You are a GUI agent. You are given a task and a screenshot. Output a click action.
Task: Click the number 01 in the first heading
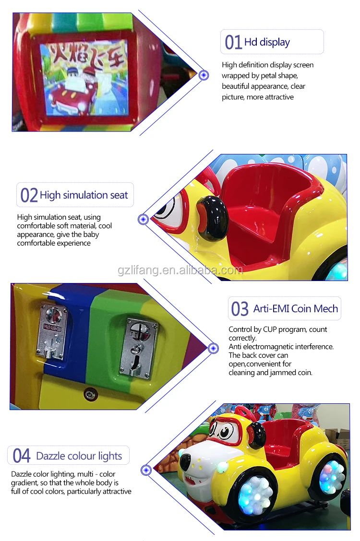click(233, 42)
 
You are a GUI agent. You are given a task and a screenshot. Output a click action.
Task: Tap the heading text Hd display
click(267, 42)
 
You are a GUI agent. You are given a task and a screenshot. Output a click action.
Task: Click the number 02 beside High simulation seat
click(29, 195)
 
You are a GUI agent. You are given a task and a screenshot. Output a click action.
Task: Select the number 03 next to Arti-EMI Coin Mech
click(240, 309)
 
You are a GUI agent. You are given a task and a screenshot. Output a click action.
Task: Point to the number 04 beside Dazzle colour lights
click(22, 456)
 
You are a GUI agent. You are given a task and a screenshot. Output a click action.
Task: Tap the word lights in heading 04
click(109, 456)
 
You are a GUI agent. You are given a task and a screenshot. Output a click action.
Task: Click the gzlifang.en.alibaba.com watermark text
click(180, 270)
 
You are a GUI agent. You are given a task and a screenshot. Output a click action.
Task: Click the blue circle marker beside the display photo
click(204, 75)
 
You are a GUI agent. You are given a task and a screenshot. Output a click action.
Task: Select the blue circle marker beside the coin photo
click(213, 347)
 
